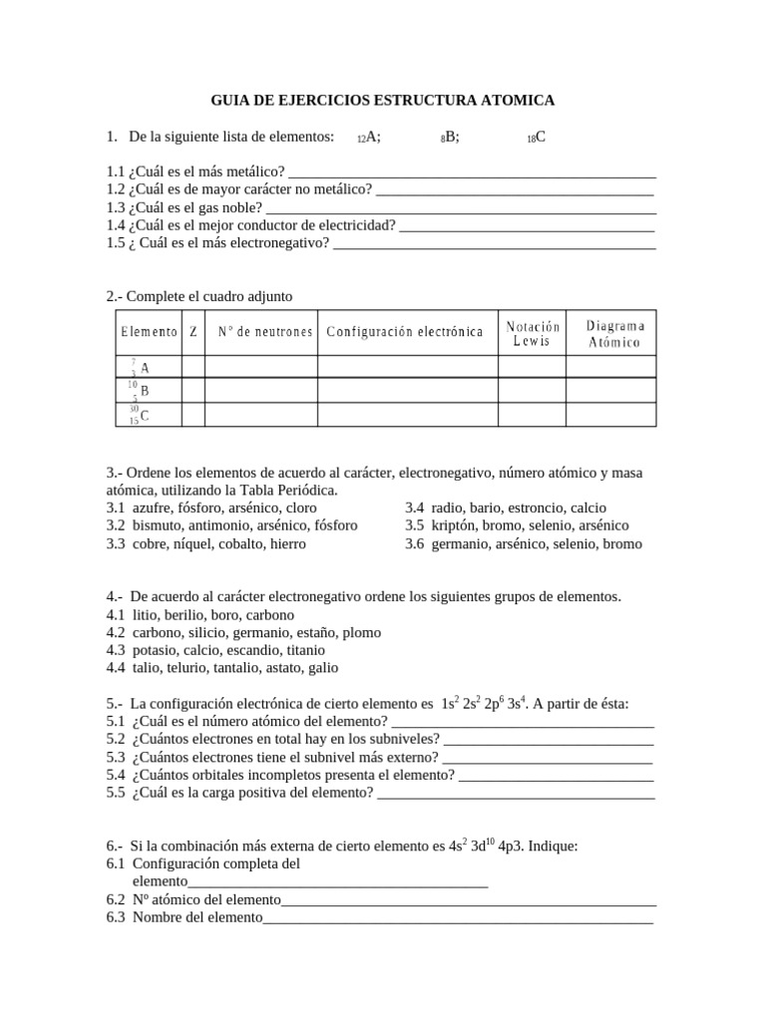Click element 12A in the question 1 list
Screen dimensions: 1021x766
[369, 138]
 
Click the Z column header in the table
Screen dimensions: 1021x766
[193, 332]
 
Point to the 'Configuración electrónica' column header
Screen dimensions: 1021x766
[405, 332]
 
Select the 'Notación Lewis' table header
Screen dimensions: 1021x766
[533, 333]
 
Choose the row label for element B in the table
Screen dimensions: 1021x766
[139, 390]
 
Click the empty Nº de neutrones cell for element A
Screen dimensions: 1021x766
[261, 366]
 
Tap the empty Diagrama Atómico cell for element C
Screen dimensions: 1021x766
[611, 414]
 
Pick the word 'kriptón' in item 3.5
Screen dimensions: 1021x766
[456, 525]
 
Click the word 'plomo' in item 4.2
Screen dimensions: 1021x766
[361, 632]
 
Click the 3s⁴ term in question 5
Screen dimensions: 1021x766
[515, 703]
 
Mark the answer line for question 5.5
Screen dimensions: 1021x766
[517, 795]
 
